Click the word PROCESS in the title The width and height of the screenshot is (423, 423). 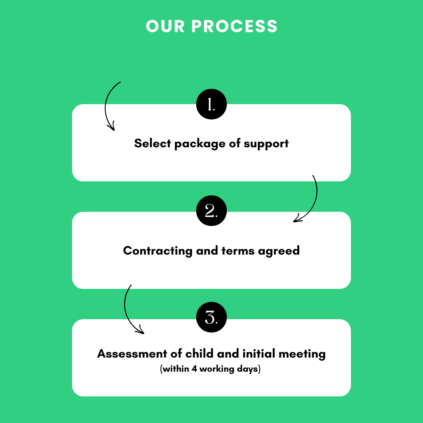pos(234,26)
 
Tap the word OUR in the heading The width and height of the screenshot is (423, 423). pos(165,26)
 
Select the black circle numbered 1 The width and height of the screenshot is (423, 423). pos(211,104)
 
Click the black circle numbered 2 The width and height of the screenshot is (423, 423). pos(211,211)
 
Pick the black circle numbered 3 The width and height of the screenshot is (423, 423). pos(211,317)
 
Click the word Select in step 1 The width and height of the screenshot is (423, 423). pos(152,143)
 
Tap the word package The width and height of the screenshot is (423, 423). pos(200,144)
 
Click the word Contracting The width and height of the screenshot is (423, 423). pos(157,251)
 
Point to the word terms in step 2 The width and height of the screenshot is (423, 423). pos(238,251)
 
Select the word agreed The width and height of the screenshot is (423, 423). pos(279,251)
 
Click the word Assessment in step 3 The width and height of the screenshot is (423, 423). pos(132,354)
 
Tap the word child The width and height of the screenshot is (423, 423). pos(199,353)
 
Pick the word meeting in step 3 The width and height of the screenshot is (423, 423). pos(302,354)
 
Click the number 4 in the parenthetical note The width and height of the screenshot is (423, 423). pos(194,369)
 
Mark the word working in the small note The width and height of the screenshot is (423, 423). pos(217,369)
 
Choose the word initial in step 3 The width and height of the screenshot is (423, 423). pos(259,353)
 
